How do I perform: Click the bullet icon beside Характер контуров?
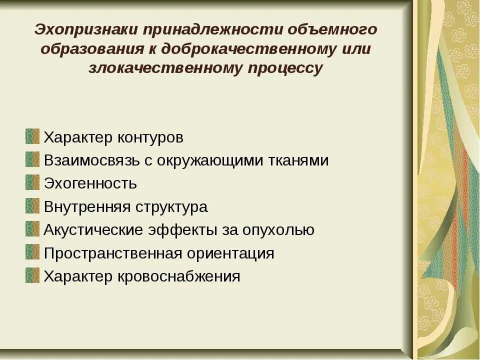32,136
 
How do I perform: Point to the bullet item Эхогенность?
90,183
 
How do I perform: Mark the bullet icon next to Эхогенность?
32,182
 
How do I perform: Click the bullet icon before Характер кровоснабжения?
32,275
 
